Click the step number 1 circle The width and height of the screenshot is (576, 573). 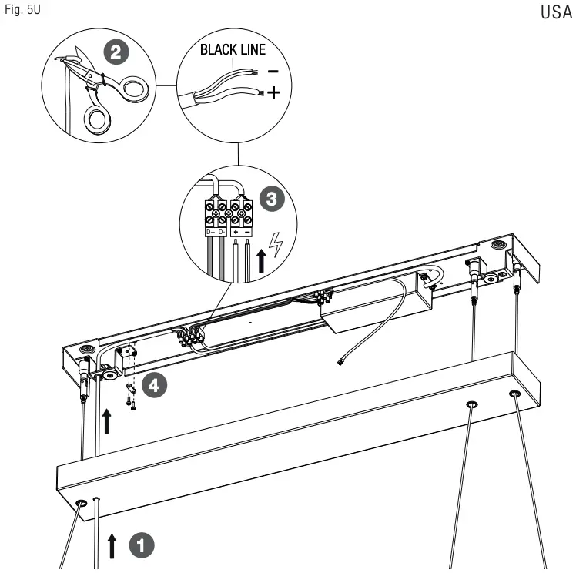pos(142,545)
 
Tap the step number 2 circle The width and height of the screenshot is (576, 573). pos(115,53)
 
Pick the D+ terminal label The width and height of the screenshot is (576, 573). pos(210,232)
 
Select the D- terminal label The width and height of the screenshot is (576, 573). pos(223,232)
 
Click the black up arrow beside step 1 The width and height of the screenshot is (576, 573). pos(113,546)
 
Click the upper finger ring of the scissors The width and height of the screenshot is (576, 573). pos(132,89)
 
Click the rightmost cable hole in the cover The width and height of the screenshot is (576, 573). pos(514,395)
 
